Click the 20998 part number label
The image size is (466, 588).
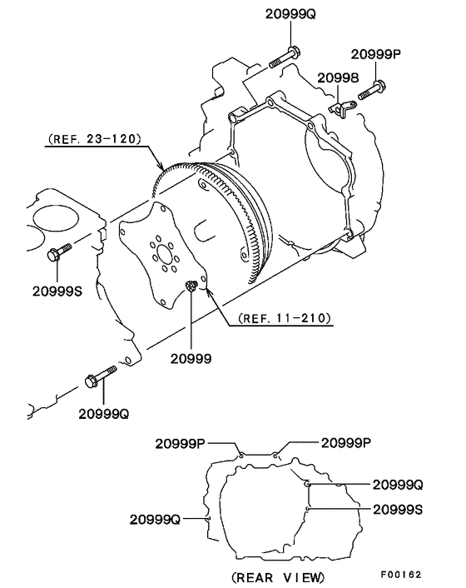tap(337, 77)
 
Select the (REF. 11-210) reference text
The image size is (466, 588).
tap(285, 317)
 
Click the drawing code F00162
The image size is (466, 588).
tap(402, 575)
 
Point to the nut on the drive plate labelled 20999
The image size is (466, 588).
tap(191, 287)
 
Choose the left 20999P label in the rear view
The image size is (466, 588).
tap(180, 443)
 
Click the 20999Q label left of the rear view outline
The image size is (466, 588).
tap(156, 518)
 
